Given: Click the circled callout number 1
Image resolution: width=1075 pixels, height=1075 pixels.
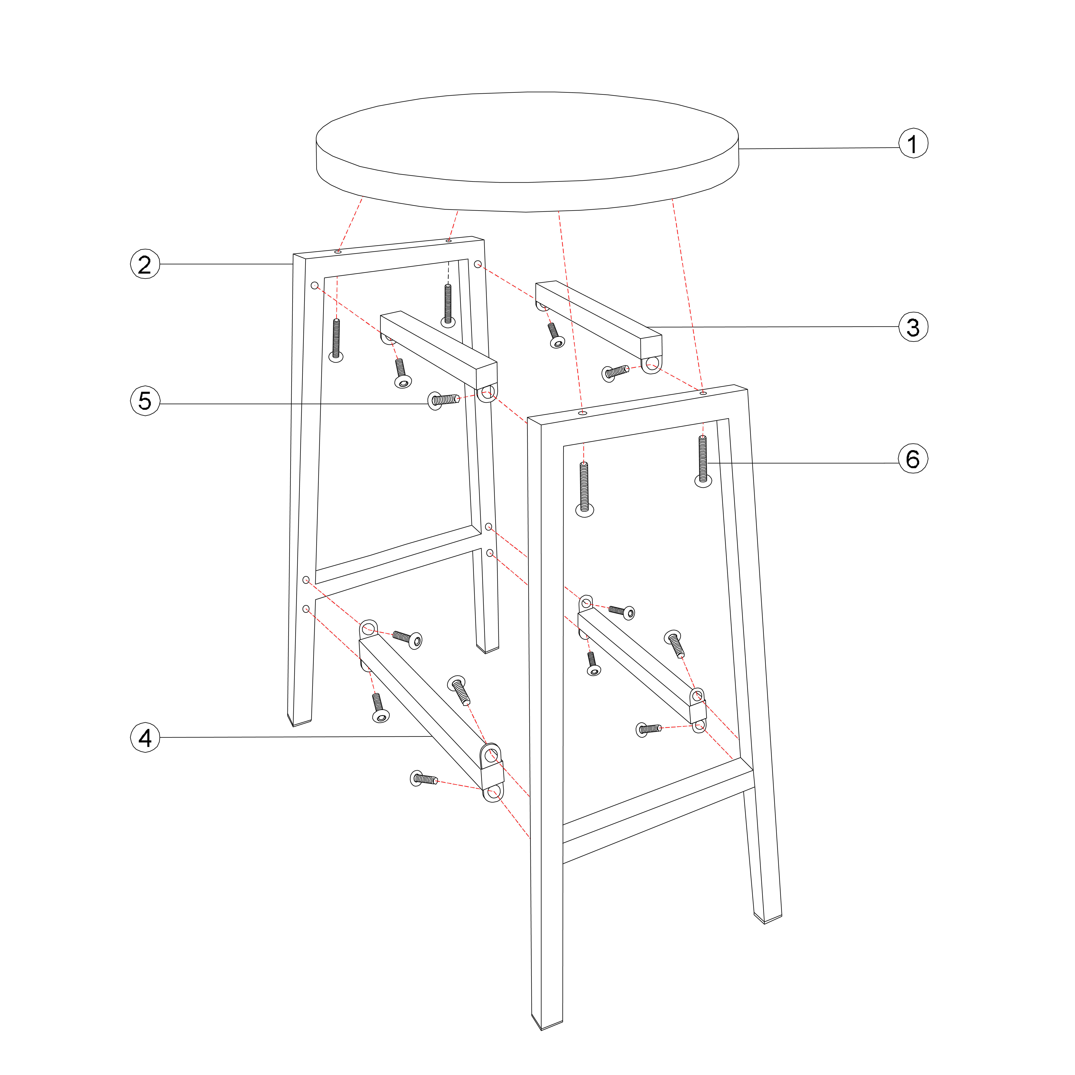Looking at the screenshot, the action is coord(913,144).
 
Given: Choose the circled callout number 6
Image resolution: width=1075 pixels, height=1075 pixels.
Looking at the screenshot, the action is coord(913,459).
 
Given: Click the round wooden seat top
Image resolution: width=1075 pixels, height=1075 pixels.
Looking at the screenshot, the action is coord(528,151).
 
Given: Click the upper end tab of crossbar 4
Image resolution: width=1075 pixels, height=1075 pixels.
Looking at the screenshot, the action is coord(368,629).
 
